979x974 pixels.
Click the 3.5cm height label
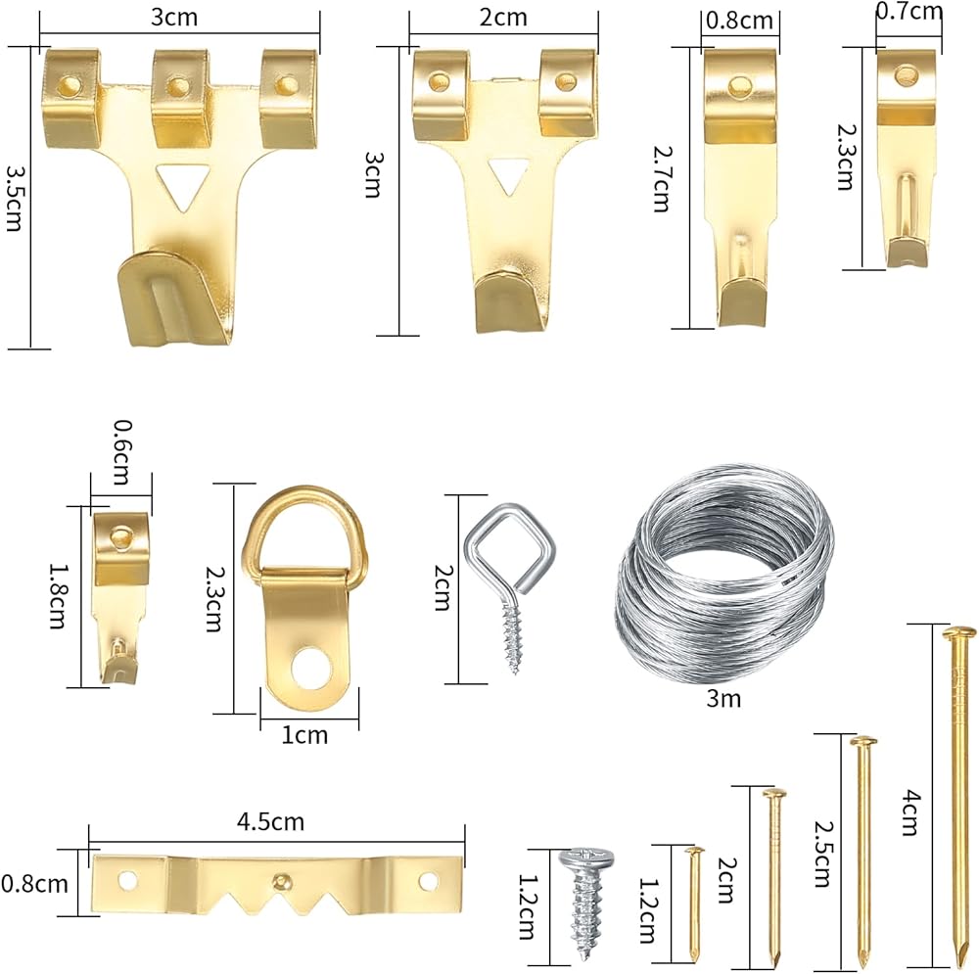click(15, 199)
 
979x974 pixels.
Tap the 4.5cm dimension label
click(270, 821)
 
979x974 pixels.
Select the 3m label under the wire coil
click(723, 698)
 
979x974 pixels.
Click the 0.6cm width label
click(121, 452)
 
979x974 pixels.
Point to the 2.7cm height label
click(661, 178)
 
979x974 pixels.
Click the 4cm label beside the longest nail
click(910, 812)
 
